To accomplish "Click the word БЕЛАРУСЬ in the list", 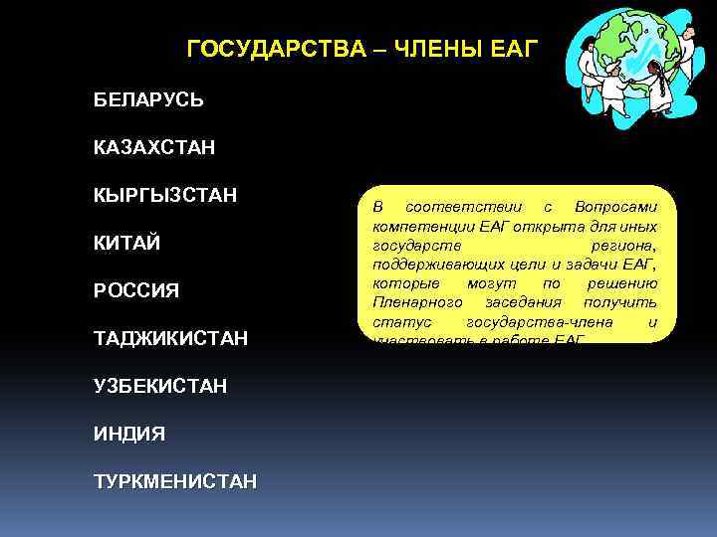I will coord(149,100).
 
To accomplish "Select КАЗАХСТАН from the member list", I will coord(154,148).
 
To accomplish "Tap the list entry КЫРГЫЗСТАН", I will coord(165,195).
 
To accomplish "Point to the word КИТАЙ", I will coord(127,244).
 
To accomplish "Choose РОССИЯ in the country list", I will coord(136,291).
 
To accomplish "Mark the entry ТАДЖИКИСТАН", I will coord(170,339).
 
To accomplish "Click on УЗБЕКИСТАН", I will coord(160,386).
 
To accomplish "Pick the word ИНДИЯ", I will coord(129,434).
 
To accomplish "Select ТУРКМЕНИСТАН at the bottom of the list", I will coord(175,481).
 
